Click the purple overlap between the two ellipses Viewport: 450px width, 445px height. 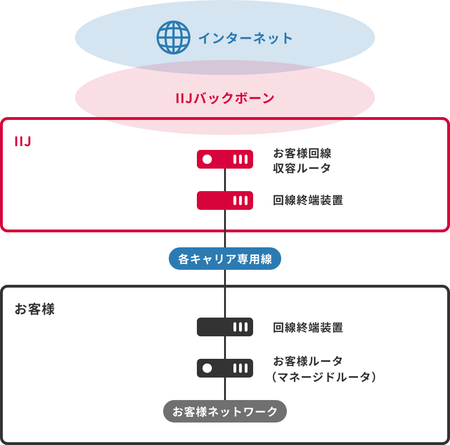[225, 67]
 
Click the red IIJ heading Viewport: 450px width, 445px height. [22, 142]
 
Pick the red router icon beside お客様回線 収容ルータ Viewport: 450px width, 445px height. [225, 159]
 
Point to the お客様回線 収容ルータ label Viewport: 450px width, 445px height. [302, 161]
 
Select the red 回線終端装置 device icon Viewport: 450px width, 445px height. [225, 200]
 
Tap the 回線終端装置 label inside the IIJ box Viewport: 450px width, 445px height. [307, 200]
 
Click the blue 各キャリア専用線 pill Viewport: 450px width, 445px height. [225, 259]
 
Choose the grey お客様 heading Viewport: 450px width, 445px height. [35, 310]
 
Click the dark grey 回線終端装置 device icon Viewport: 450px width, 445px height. [225, 327]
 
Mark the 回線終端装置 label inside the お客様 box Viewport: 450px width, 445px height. [307, 327]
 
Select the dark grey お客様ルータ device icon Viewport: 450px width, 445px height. [225, 368]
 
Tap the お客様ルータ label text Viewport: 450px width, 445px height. [307, 361]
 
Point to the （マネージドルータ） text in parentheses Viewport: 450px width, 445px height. [324, 377]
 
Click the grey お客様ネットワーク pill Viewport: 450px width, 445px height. [225, 412]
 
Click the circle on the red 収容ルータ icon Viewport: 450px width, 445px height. [207, 159]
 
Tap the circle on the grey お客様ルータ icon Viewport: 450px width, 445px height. [207, 368]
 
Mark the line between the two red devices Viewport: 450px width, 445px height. [225, 180]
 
